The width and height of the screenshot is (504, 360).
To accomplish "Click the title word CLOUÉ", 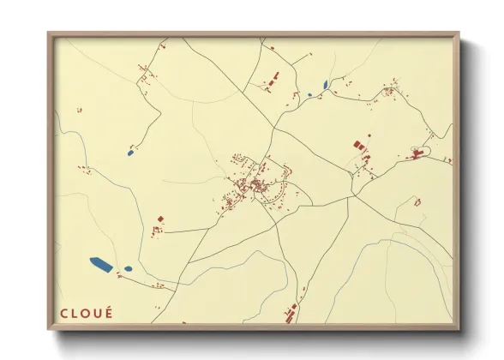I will click(87, 312).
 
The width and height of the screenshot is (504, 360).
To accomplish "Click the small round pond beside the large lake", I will click(128, 269).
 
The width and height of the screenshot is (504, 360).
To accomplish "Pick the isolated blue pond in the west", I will click(130, 153).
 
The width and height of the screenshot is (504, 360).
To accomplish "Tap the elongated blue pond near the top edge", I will click(326, 85).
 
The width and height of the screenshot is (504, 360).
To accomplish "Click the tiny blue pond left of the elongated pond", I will click(309, 94).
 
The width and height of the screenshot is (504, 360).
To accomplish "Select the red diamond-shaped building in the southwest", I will click(159, 219).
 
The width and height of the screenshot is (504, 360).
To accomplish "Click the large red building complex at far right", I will click(418, 154).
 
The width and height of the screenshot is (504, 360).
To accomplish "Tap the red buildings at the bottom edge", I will click(290, 314).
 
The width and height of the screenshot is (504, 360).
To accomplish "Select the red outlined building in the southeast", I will click(417, 202).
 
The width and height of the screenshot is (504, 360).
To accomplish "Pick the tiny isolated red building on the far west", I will click(78, 110).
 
